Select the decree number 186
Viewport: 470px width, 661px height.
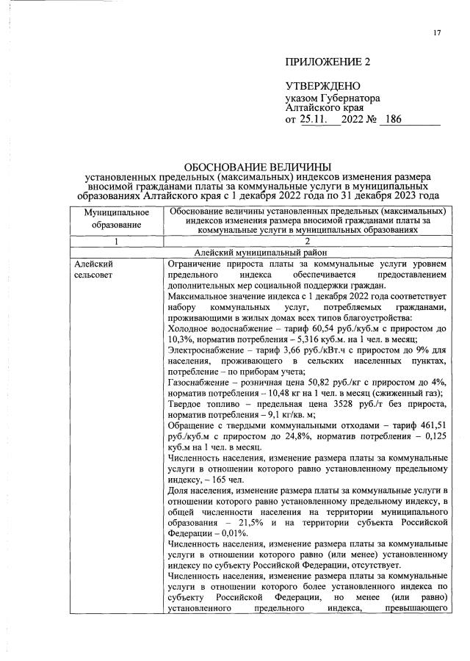pyautogui.click(x=394, y=119)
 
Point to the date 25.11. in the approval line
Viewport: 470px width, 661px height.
pyautogui.click(x=315, y=119)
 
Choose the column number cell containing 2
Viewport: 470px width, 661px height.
pyautogui.click(x=307, y=241)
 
